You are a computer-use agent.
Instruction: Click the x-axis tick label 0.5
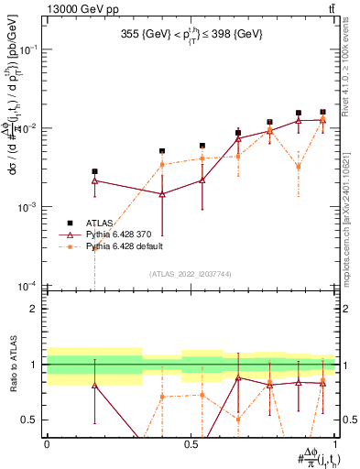pyautogui.click(x=191, y=443)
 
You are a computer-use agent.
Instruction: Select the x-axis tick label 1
pyautogui.click(x=336, y=443)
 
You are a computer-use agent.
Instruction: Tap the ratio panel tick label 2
pyautogui.click(x=34, y=309)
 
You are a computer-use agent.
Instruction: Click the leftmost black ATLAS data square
pyautogui.click(x=94, y=171)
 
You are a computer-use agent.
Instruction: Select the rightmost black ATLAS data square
pyautogui.click(x=322, y=112)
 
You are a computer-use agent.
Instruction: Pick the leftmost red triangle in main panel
pyautogui.click(x=94, y=180)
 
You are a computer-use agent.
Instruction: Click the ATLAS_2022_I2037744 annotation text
pyautogui.click(x=191, y=274)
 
